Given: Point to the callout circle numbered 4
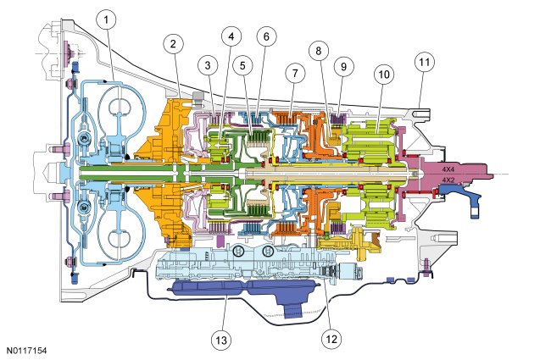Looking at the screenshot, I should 231,37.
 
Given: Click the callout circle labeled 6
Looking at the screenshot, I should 264,37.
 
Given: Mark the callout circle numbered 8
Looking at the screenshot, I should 318,50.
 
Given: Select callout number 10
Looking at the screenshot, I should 384,75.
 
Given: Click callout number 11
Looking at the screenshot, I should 423,62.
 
